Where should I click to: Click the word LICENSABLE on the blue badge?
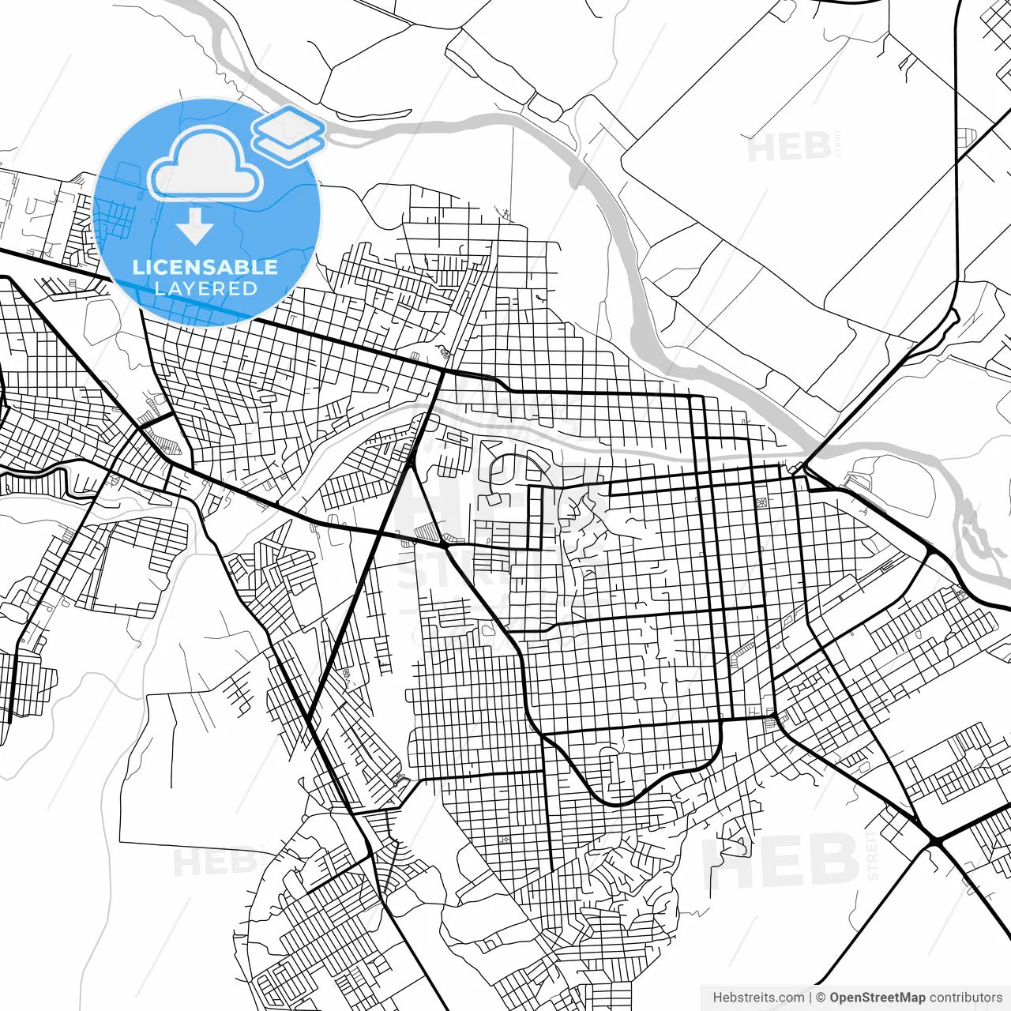coord(205,267)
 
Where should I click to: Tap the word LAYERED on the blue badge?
coord(205,289)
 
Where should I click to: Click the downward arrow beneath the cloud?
coord(195,226)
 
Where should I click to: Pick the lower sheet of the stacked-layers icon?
coord(288,146)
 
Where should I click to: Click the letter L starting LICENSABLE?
coord(137,267)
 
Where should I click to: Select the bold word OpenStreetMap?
coord(878,998)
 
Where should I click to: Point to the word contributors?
coord(966,998)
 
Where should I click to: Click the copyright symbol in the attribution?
coord(821,998)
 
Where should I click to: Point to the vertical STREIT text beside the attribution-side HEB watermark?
coord(873,857)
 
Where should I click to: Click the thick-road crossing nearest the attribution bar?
coord(935,842)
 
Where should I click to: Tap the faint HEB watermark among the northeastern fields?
coord(788,148)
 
